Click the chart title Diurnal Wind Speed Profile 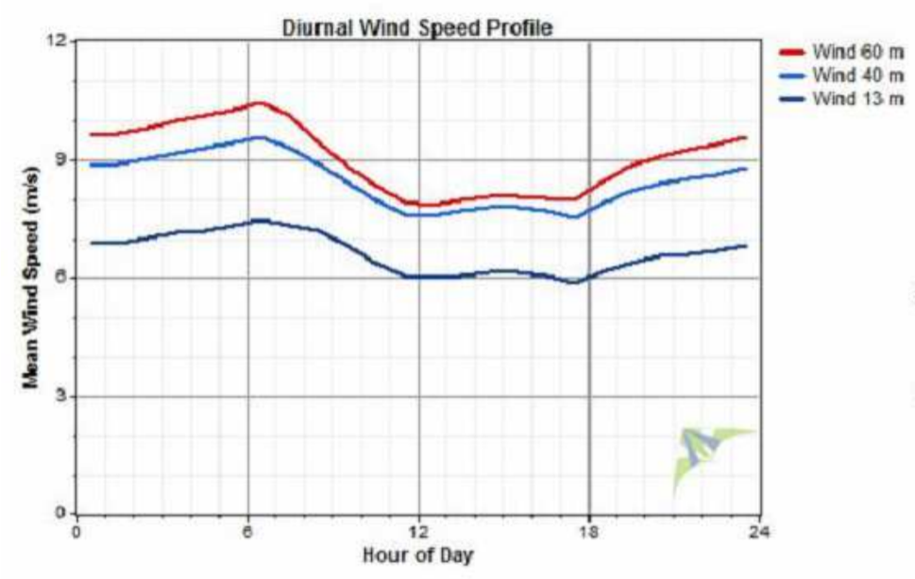[x=416, y=27]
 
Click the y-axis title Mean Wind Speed [x=30, y=277]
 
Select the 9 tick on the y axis [x=62, y=160]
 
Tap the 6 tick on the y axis [x=62, y=278]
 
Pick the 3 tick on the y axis [x=62, y=396]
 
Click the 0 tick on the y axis [x=62, y=514]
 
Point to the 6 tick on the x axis [x=247, y=531]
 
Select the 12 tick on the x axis [x=418, y=531]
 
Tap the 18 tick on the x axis [x=588, y=531]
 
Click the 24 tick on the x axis [x=758, y=531]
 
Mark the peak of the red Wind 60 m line [x=258, y=103]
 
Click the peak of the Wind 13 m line [x=259, y=220]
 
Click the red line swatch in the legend [x=791, y=52]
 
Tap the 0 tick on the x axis [x=77, y=531]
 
